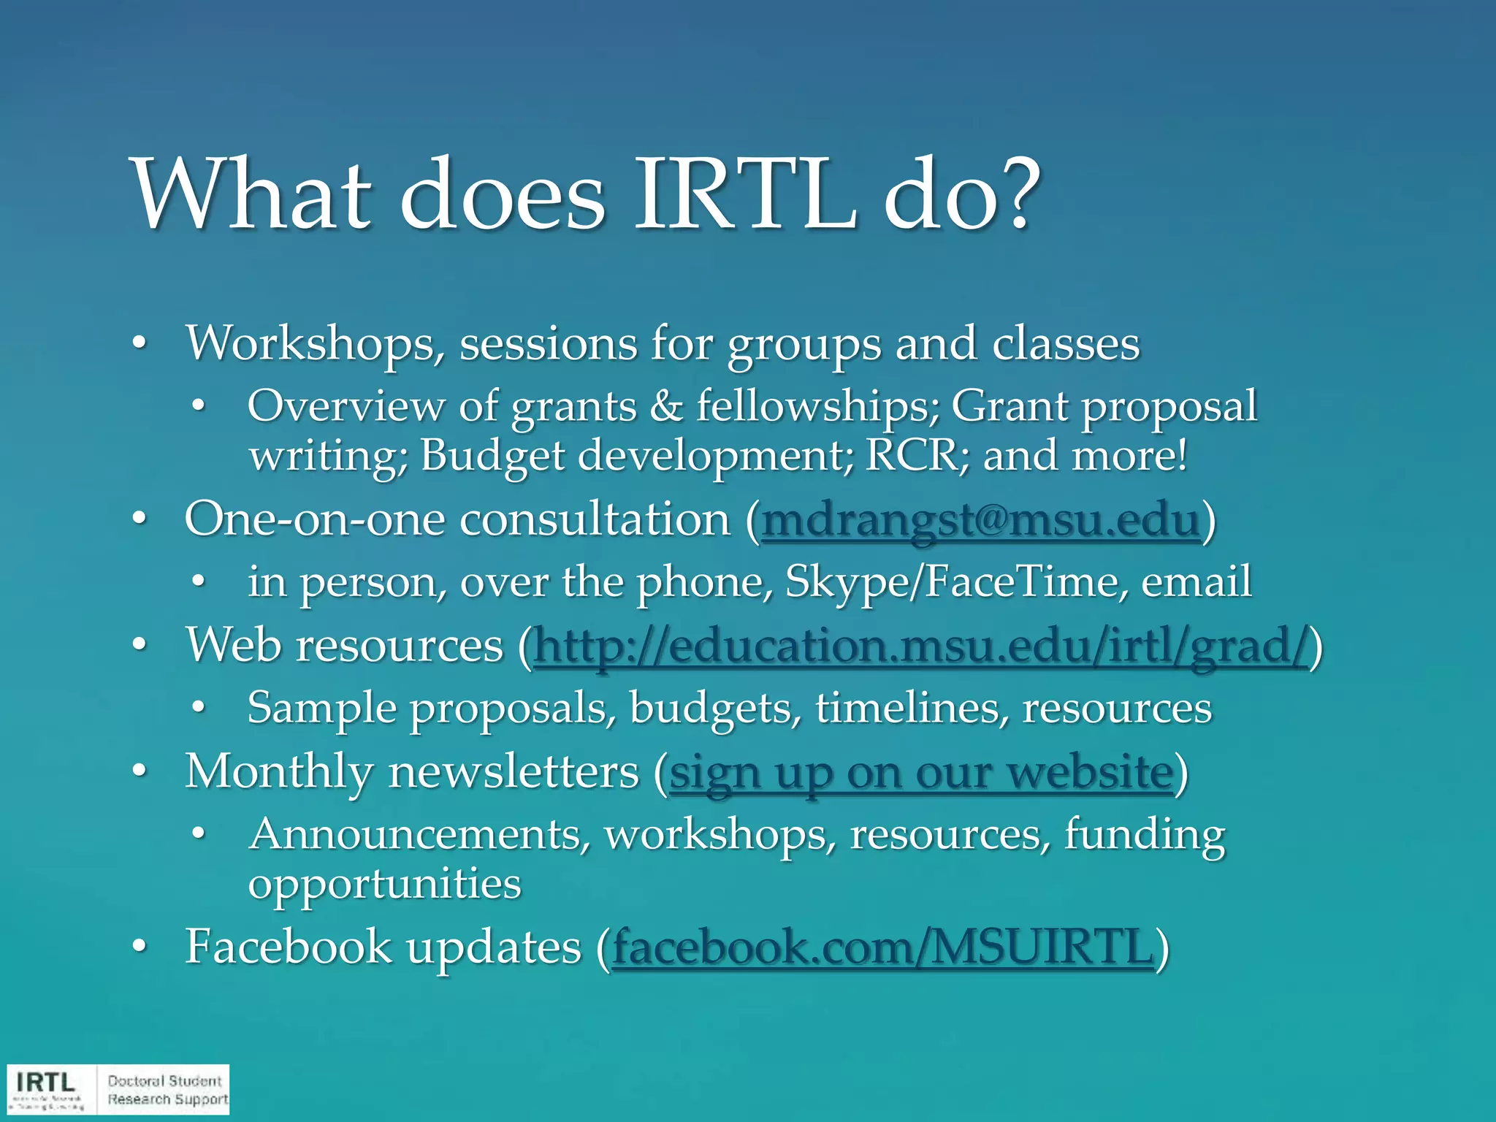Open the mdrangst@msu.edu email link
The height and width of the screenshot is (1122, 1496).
point(980,521)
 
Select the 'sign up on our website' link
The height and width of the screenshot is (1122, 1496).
point(921,773)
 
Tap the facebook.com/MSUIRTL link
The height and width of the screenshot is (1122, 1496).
point(883,947)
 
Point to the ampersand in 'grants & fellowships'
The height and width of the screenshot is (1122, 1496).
point(665,406)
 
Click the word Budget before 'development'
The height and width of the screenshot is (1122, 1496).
point(492,455)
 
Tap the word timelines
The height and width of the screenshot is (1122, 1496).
point(911,708)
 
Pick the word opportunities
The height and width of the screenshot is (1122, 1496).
point(384,883)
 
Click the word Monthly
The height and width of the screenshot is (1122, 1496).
point(279,771)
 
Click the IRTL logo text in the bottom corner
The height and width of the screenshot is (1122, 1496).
point(45,1082)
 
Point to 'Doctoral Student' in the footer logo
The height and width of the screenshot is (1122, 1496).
point(164,1080)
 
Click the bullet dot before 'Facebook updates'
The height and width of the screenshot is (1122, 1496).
point(139,947)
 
